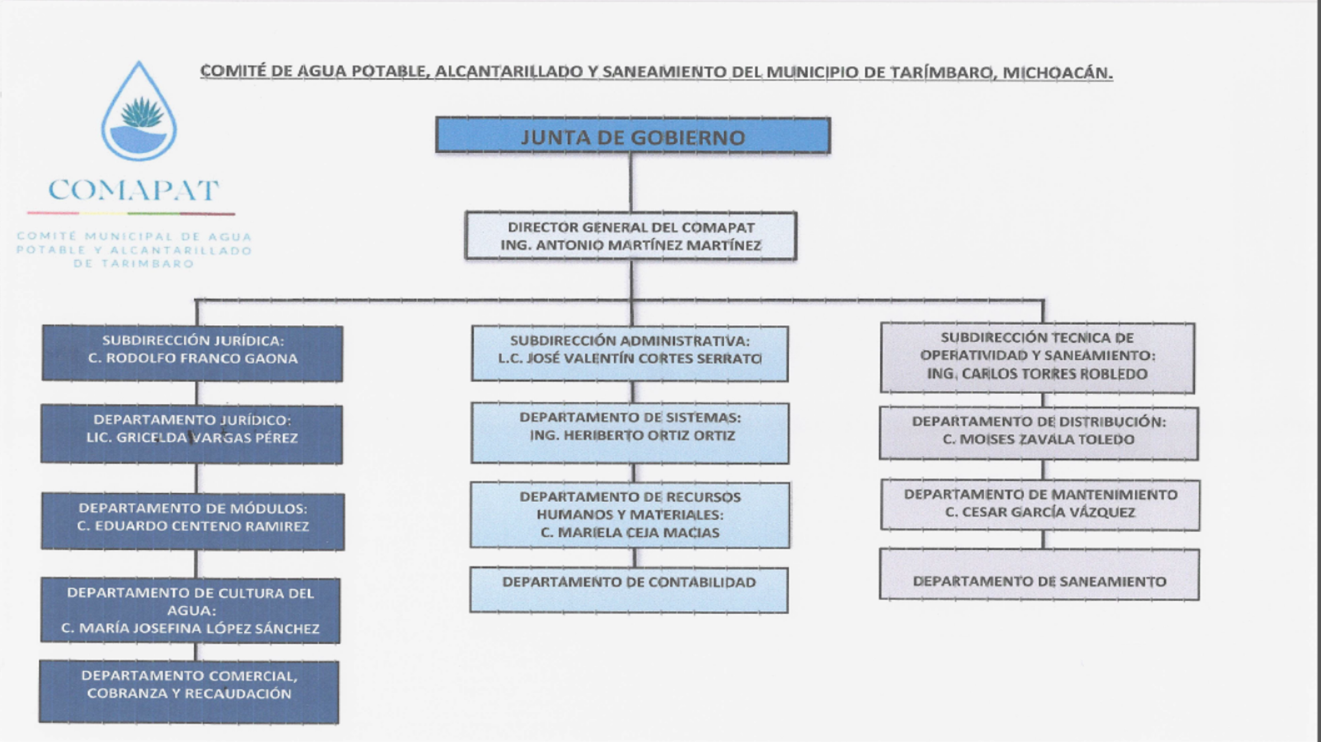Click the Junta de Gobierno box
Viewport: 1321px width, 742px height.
(632, 135)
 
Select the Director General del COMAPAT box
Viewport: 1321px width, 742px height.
(630, 236)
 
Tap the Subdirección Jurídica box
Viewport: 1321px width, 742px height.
(192, 353)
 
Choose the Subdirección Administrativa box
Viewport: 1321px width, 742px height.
(630, 354)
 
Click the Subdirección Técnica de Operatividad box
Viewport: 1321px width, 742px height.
(1037, 357)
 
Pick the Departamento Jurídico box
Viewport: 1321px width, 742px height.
(191, 434)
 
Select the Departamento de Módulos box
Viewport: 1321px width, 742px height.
(192, 521)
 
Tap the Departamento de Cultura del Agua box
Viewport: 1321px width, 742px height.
(190, 610)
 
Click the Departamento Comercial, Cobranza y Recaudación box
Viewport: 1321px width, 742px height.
(189, 691)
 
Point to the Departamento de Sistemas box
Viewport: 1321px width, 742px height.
(630, 433)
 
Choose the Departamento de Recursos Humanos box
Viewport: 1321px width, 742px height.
(630, 515)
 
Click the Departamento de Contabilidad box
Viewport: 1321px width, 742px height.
(629, 589)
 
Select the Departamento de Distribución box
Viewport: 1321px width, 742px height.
(1038, 433)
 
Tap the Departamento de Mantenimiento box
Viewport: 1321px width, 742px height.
(1040, 505)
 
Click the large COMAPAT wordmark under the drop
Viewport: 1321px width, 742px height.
(133, 190)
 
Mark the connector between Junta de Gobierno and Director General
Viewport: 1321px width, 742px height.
(630, 182)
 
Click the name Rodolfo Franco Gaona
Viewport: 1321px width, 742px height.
(193, 359)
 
